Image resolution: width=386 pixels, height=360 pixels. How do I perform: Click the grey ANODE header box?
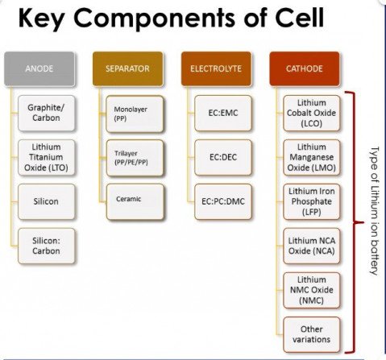point(39,68)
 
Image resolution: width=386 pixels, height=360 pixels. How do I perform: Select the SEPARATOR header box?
point(128,68)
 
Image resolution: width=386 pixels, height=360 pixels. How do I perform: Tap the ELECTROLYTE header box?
point(216,68)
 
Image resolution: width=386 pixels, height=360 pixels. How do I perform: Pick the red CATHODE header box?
point(305,68)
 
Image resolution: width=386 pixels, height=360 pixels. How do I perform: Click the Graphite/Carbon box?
point(46,113)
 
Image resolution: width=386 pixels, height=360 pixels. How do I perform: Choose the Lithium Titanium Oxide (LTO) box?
point(46,157)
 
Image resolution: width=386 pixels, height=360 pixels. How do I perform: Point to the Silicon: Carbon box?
point(46,246)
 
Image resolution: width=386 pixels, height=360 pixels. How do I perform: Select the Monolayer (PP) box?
point(135,114)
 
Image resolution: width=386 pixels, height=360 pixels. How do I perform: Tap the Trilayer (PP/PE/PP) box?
point(135,158)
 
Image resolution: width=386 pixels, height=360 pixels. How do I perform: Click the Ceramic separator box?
point(135,202)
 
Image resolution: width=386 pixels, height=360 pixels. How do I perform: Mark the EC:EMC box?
point(223,113)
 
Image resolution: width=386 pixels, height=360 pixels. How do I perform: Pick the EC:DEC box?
point(223,157)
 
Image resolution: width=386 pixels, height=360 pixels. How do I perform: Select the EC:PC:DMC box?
point(223,201)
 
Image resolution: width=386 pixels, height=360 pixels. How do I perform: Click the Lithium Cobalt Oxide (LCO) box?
point(312,113)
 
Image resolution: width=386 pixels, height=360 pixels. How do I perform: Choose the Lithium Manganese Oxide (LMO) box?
point(312,157)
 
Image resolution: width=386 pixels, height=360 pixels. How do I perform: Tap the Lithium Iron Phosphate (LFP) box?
point(312,201)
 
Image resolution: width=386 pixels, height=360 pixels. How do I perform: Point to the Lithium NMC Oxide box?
point(312,290)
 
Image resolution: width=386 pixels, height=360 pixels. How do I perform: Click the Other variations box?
point(312,334)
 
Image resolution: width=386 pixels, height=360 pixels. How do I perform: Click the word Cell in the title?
point(300,18)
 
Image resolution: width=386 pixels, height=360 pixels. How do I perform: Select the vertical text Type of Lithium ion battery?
point(375,211)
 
